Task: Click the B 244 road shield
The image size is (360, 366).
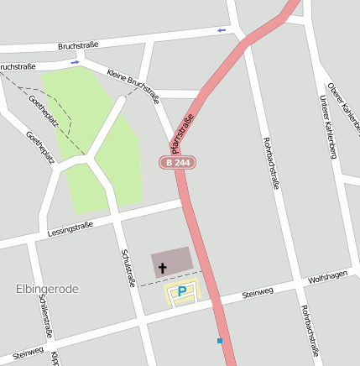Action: click(177, 162)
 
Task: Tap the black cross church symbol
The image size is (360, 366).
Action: click(161, 268)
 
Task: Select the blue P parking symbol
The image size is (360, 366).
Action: click(182, 291)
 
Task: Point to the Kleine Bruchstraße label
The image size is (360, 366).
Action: click(134, 86)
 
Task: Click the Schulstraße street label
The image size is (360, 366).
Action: click(128, 268)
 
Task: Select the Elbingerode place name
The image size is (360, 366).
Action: click(47, 289)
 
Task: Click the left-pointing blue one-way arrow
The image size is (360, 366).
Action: click(222, 30)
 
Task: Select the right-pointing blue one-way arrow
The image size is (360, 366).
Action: click(76, 61)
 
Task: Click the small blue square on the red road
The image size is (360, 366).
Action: click(220, 341)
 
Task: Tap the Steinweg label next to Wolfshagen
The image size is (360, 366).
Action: click(258, 293)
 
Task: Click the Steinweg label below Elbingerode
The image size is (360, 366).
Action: click(28, 351)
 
